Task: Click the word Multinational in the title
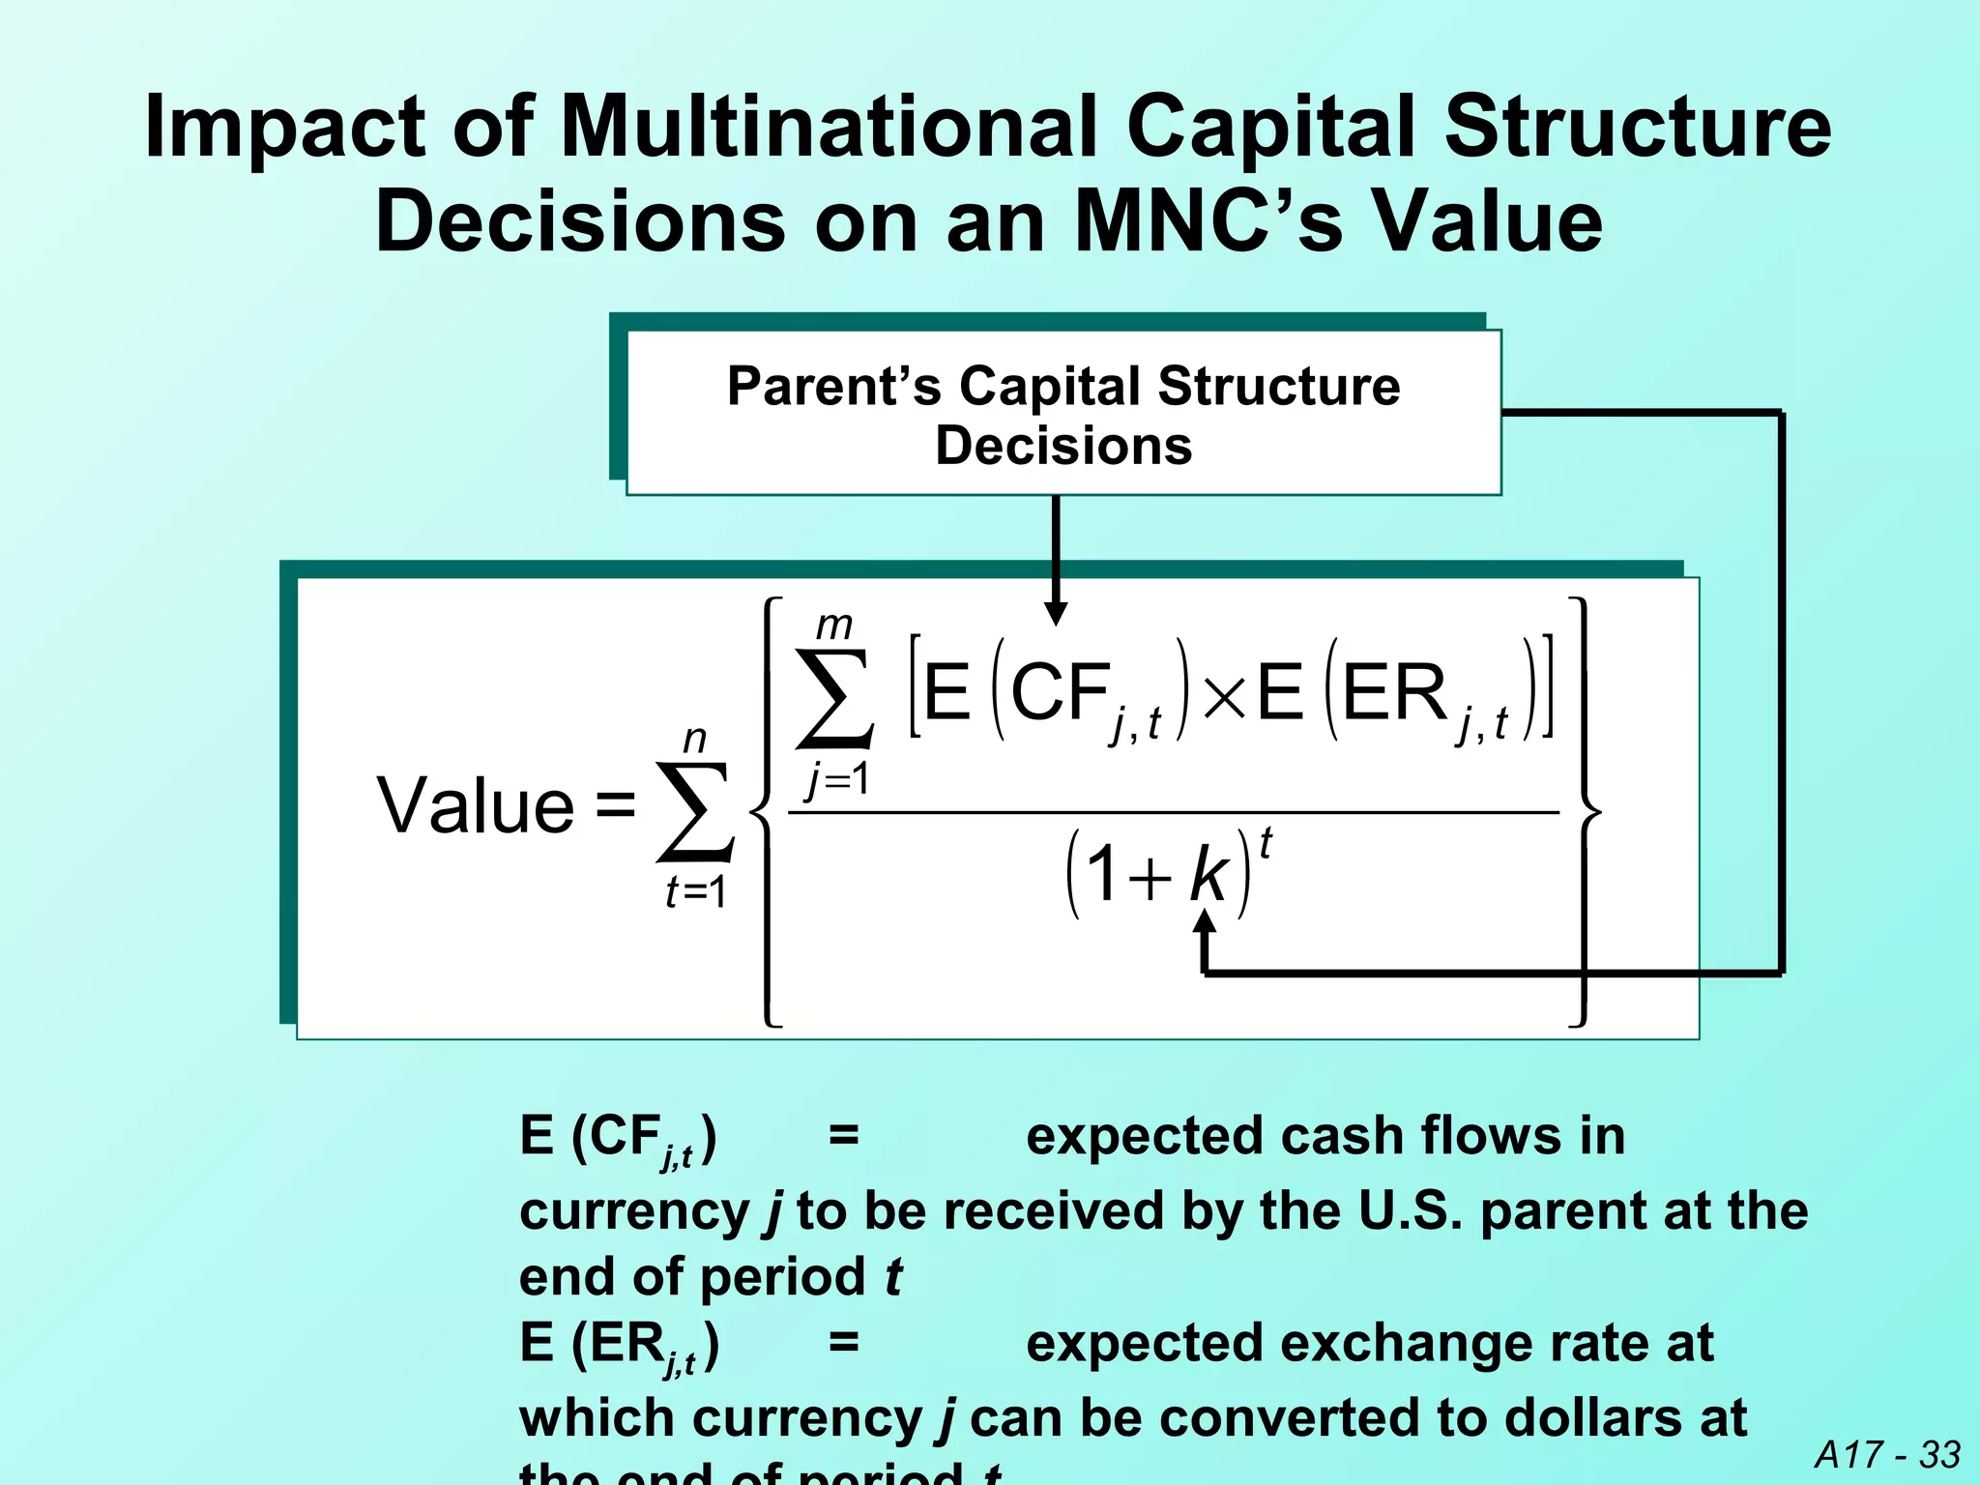click(830, 128)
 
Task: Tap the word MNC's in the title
click(1208, 222)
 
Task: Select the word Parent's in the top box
click(833, 387)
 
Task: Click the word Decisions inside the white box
click(1063, 446)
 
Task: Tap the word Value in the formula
click(476, 806)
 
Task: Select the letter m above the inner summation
click(834, 626)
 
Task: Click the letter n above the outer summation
click(694, 740)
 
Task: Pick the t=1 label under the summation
click(695, 891)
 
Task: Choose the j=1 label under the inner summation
click(838, 779)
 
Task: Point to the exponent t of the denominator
click(1266, 843)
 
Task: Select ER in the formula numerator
click(1395, 693)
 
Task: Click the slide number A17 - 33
click(1887, 1454)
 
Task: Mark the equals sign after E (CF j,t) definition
click(844, 1136)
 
